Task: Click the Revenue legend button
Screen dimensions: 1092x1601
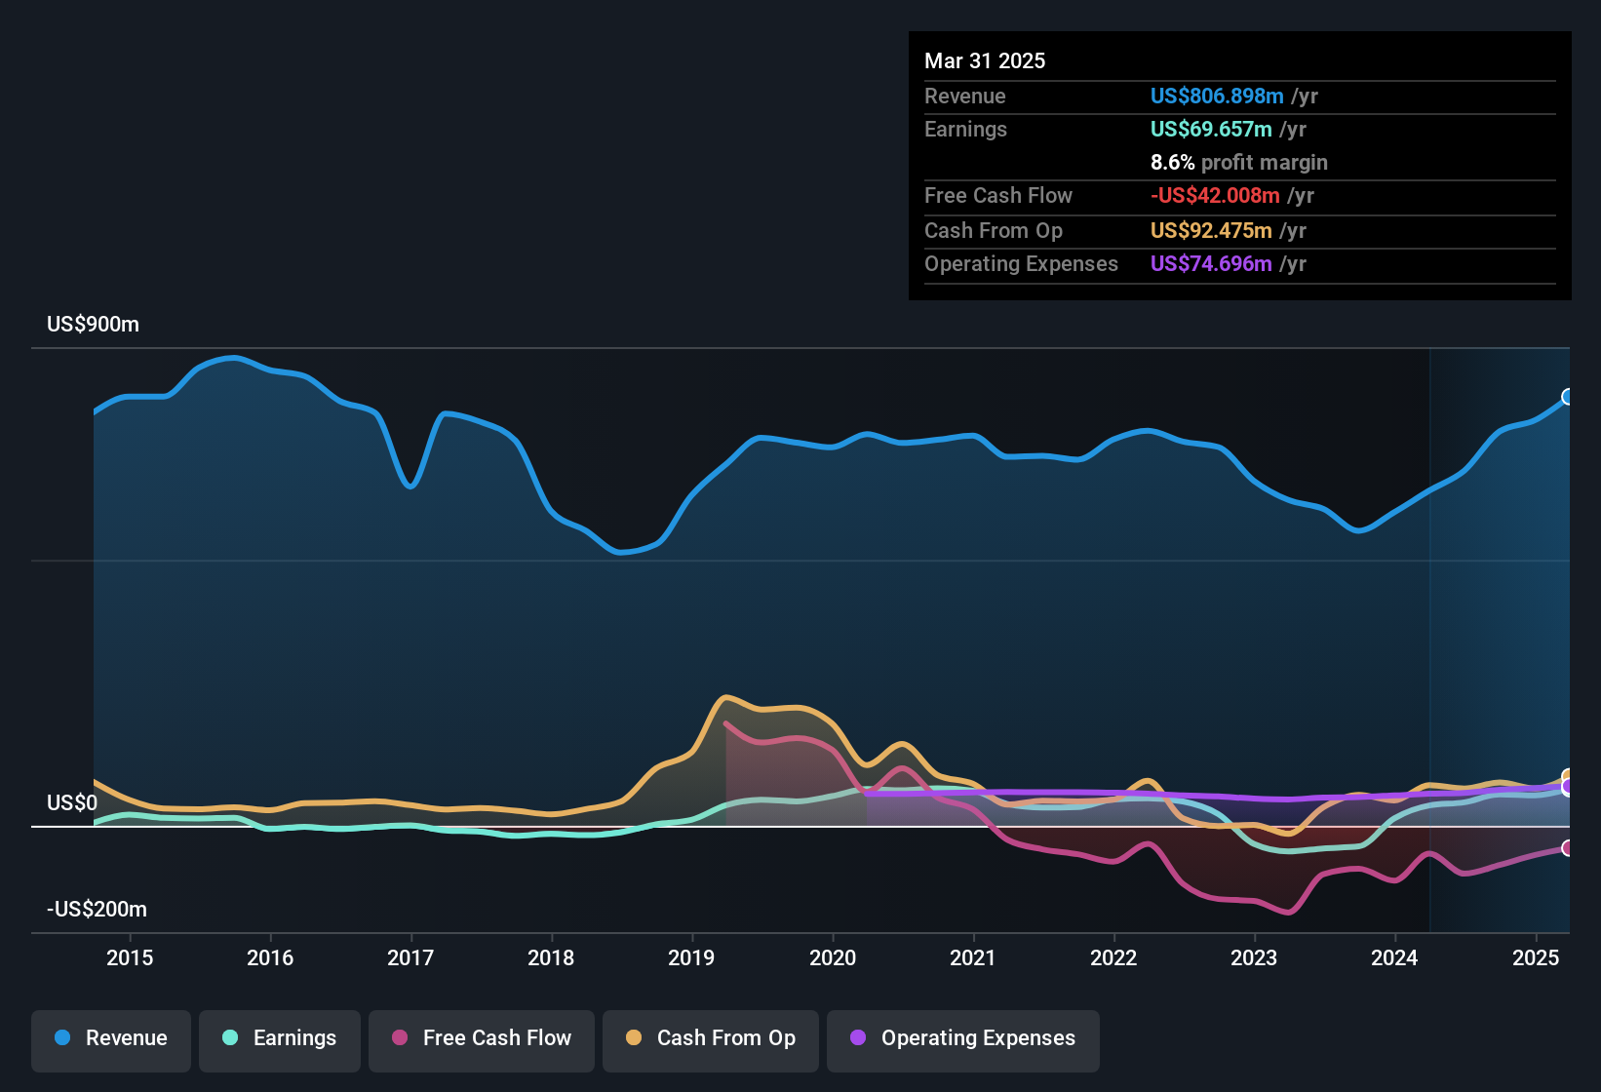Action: pos(111,1038)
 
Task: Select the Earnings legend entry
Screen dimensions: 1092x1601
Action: pos(280,1038)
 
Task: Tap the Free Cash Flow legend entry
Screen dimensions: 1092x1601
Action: pos(482,1038)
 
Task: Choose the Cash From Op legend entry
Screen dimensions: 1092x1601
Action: pos(711,1038)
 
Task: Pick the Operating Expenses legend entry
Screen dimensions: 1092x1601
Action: pos(963,1038)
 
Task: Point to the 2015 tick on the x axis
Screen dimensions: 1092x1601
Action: pos(130,957)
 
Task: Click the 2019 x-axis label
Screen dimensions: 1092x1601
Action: pos(691,957)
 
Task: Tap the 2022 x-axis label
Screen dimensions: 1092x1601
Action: pos(1113,957)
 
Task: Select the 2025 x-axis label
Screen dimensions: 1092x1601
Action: pos(1536,957)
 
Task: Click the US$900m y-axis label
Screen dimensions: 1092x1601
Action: pos(93,325)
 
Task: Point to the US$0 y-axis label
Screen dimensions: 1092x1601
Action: pos(72,802)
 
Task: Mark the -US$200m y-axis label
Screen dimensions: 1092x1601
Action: pos(97,910)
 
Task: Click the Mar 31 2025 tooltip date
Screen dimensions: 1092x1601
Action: pos(985,60)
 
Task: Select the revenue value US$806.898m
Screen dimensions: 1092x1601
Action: pos(1216,96)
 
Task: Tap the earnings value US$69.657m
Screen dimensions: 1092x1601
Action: pos(1210,129)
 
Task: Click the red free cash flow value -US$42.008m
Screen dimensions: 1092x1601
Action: pos(1214,195)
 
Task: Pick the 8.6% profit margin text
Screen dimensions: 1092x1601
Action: pos(1238,162)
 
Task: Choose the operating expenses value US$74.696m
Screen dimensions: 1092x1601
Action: pos(1210,263)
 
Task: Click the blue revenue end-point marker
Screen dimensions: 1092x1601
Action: pos(1568,397)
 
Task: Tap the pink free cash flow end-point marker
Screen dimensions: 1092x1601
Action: pos(1568,848)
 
